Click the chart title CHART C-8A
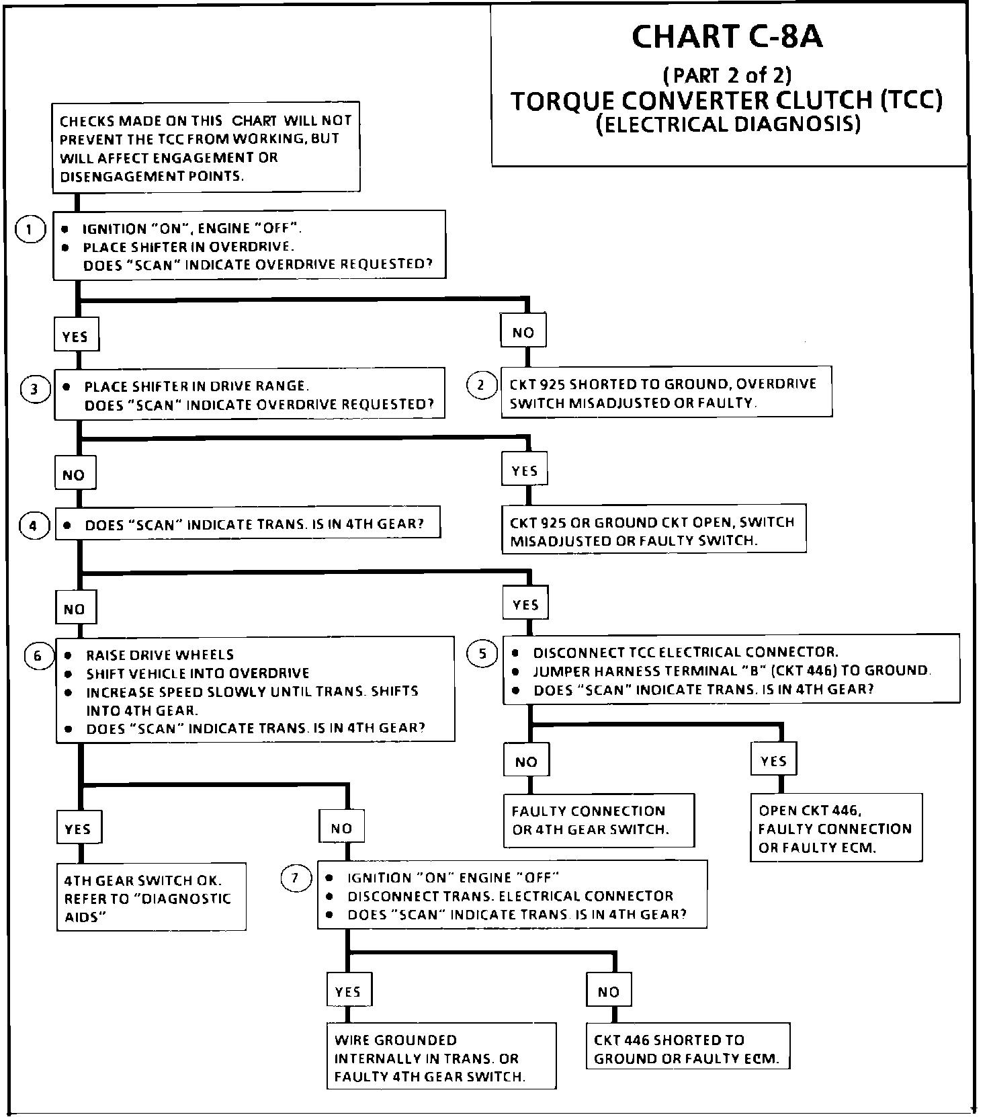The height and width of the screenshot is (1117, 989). tap(727, 37)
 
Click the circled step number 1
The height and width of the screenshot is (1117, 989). tap(30, 230)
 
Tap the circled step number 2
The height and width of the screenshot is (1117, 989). tap(481, 385)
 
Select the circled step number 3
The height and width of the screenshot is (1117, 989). tap(35, 389)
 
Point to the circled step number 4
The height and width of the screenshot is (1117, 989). tap(34, 526)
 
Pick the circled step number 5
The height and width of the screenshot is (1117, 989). tap(482, 653)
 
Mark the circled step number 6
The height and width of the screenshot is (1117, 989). tap(38, 656)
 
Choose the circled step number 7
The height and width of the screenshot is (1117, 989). tap(296, 879)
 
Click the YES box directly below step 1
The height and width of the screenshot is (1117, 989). tap(75, 336)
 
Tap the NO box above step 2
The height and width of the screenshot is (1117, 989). tap(523, 332)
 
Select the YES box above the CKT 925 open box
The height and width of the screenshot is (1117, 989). tap(525, 470)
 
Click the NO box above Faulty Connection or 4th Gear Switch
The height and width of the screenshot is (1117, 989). tap(526, 761)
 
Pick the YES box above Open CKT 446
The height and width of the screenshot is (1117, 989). tap(773, 761)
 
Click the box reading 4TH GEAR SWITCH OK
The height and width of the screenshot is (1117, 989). tap(151, 898)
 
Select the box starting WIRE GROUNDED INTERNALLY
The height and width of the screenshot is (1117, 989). tap(441, 1058)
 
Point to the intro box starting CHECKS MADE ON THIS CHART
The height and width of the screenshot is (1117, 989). tap(206, 148)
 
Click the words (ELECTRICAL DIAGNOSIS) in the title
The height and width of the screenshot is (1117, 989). tap(728, 125)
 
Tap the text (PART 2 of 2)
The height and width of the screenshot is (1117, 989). tap(728, 74)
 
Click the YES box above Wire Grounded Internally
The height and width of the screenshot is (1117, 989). tap(348, 991)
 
